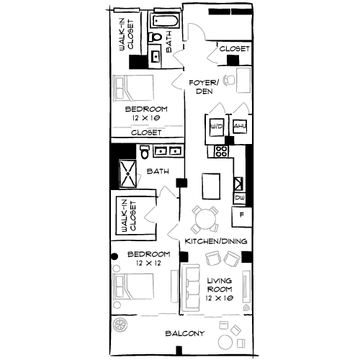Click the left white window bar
coord(127,10)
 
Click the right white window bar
coord(167,10)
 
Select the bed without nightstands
coord(133,89)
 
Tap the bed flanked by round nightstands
coord(133,286)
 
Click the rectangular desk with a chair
coord(244,80)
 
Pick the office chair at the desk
coord(230,80)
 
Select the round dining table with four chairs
coord(205,219)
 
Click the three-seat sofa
coord(192,288)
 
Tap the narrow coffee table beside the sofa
coord(174,286)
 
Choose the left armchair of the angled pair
coord(214,258)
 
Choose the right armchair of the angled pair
coord(232,258)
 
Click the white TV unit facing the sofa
coord(246,287)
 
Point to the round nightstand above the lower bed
coord(117,268)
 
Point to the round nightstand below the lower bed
coord(117,305)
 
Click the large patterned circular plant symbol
coord(120,325)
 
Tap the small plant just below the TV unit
coord(246,307)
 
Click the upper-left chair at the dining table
coord(197,211)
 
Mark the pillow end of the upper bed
coord(120,89)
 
